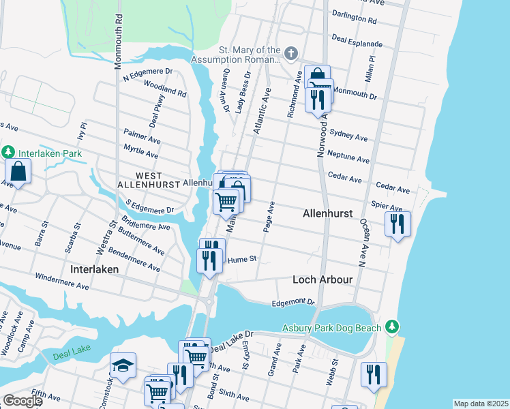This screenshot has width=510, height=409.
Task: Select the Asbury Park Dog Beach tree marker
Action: click(391, 328)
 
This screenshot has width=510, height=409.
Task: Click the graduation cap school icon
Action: click(123, 365)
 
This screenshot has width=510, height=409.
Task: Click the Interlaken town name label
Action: click(95, 269)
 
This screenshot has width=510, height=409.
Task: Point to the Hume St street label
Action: click(242, 259)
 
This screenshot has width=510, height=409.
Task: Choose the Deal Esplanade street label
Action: click(357, 40)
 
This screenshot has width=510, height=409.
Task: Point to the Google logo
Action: click(22, 401)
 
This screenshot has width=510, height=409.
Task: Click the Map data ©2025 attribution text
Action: click(480, 404)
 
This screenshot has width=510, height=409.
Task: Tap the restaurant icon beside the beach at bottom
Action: click(374, 374)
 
